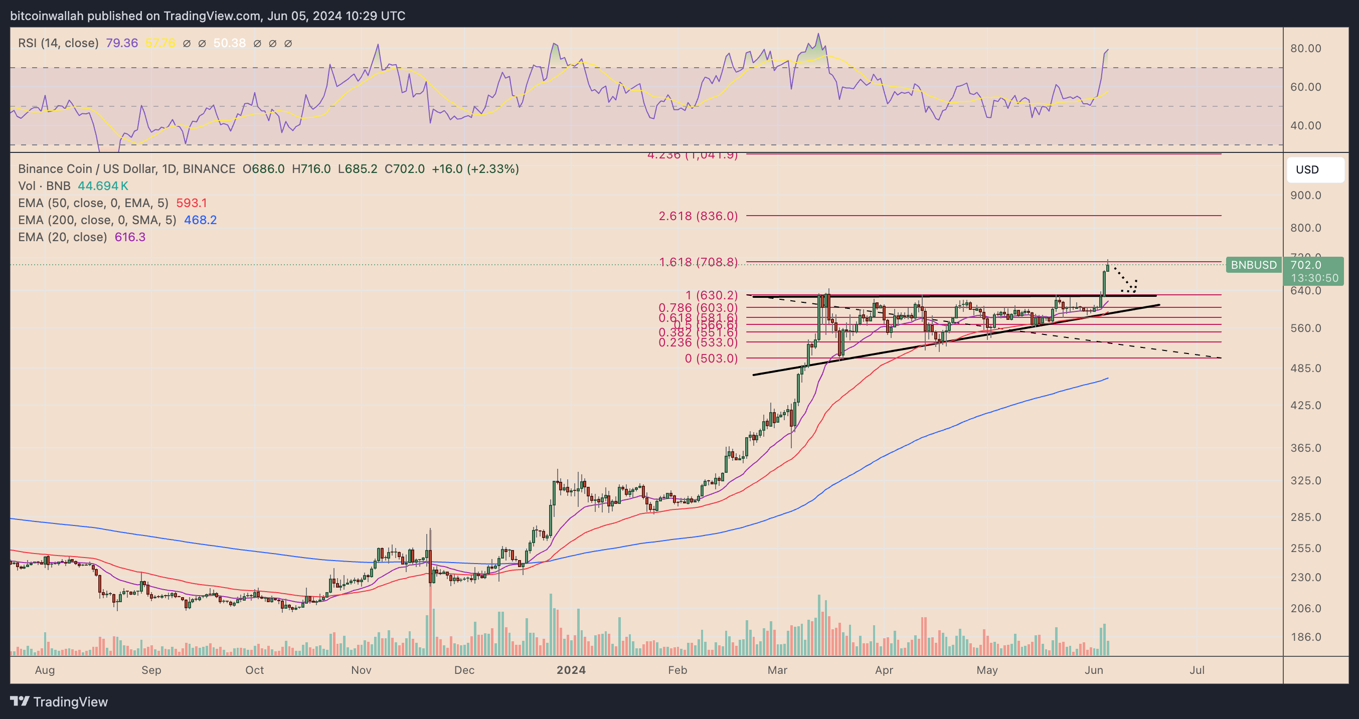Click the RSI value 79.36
click(121, 43)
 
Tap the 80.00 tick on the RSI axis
click(1306, 49)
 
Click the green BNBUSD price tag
click(1254, 265)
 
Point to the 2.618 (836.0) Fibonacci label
click(698, 216)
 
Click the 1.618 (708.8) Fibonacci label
click(698, 262)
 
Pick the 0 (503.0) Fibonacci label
click(711, 358)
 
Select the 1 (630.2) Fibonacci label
click(711, 295)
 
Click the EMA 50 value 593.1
click(192, 203)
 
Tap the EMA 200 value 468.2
click(201, 220)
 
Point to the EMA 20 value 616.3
click(130, 237)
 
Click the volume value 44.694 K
click(103, 186)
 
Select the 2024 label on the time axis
click(571, 670)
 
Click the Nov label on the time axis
click(361, 670)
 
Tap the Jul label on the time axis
click(1197, 670)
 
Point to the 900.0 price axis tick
click(1306, 195)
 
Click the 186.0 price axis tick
click(1306, 637)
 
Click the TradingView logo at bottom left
click(59, 701)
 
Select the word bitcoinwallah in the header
click(47, 16)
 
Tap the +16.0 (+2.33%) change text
click(475, 169)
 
